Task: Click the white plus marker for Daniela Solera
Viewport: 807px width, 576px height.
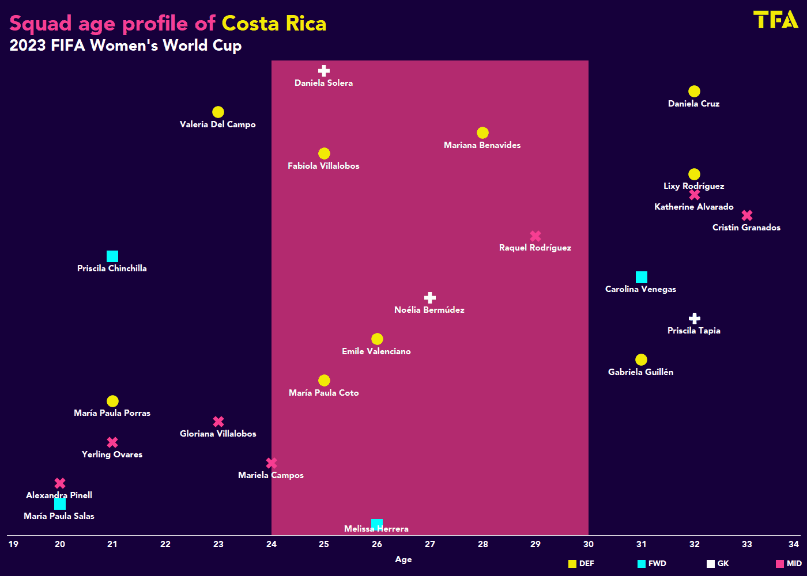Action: coord(324,71)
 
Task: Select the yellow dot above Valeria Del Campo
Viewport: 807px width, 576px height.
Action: coord(218,112)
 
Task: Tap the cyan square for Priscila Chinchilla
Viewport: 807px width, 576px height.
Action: coord(112,256)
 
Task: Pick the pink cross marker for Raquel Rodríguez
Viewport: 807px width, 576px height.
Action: coord(536,236)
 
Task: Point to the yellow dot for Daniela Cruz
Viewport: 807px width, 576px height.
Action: coord(694,92)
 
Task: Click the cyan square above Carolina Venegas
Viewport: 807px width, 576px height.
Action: coord(642,277)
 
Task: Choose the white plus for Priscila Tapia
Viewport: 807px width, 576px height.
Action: coord(695,319)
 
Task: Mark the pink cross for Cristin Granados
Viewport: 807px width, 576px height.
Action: coord(747,215)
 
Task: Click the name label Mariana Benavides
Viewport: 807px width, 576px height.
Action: coord(482,145)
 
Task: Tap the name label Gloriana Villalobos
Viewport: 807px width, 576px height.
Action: coord(218,434)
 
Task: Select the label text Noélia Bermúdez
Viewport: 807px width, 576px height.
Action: coord(429,310)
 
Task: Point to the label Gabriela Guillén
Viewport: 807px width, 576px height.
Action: coord(640,372)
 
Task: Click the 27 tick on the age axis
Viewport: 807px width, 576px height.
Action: coord(430,544)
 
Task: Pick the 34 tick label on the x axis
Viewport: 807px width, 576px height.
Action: coord(794,544)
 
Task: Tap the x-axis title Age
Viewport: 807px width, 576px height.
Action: coord(403,559)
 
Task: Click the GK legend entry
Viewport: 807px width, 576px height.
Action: coord(718,564)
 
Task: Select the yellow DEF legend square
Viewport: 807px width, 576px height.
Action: coord(572,564)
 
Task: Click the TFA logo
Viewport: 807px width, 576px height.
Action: coord(775,20)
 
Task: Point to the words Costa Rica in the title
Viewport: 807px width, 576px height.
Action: coord(274,24)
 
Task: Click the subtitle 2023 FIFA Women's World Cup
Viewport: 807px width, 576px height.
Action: coord(126,46)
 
